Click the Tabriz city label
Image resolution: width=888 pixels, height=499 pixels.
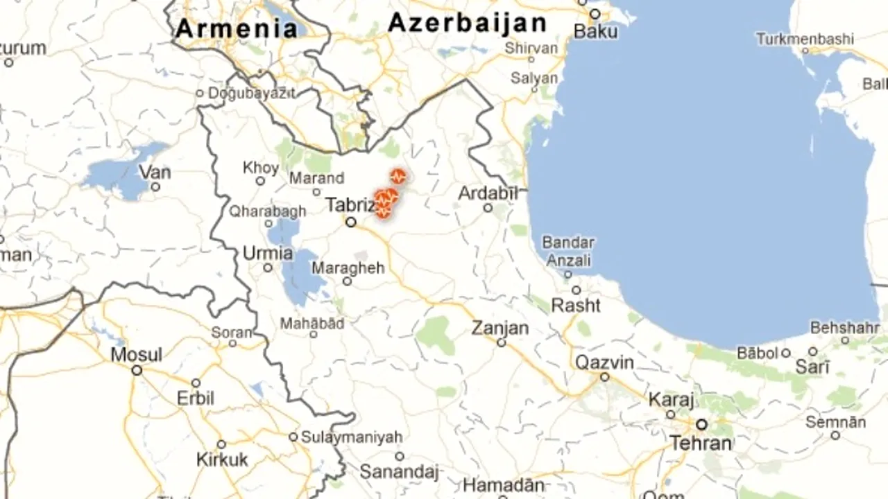pyautogui.click(x=350, y=205)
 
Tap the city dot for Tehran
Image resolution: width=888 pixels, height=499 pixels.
pyautogui.click(x=702, y=424)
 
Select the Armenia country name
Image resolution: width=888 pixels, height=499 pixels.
pyautogui.click(x=237, y=29)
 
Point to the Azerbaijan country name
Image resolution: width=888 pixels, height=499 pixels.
pyautogui.click(x=467, y=23)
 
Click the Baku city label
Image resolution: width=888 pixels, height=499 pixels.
pyautogui.click(x=596, y=31)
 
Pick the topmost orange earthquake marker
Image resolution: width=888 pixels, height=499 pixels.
pyautogui.click(x=398, y=176)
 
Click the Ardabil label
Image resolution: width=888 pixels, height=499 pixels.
pyautogui.click(x=488, y=193)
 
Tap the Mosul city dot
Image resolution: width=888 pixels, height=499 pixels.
pyautogui.click(x=137, y=371)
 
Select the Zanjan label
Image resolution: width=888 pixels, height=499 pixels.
pyautogui.click(x=500, y=328)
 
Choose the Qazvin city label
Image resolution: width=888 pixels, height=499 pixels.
pyautogui.click(x=604, y=362)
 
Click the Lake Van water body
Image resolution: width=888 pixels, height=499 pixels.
pyautogui.click(x=118, y=173)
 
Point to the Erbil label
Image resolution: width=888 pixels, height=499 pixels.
pyautogui.click(x=196, y=399)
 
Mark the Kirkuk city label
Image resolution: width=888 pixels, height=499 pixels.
pyautogui.click(x=222, y=459)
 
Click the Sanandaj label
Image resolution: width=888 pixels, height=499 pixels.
pyautogui.click(x=399, y=473)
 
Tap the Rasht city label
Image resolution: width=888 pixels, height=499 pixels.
pyautogui.click(x=576, y=305)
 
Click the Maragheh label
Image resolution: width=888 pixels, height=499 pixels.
pyautogui.click(x=348, y=268)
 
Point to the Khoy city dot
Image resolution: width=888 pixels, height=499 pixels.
pyautogui.click(x=260, y=181)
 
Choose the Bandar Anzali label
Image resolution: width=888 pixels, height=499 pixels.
pyautogui.click(x=568, y=252)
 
